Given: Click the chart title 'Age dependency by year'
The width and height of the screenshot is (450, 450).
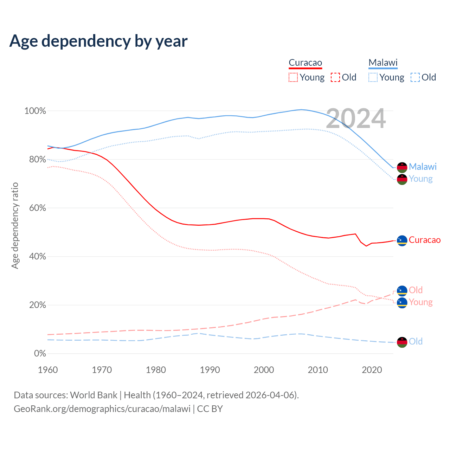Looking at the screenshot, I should point(98,41).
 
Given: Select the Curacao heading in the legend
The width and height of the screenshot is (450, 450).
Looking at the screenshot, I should point(305,63).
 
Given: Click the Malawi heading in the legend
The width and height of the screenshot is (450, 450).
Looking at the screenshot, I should point(383,63).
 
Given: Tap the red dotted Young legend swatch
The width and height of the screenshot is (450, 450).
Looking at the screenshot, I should point(293,77).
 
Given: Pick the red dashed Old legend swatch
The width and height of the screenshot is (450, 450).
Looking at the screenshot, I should point(335,77).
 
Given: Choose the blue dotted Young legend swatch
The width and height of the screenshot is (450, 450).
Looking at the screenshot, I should point(373,77).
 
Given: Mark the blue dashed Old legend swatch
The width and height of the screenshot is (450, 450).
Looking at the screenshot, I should point(415,77).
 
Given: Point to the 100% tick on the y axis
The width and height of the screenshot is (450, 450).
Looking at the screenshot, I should point(35,111).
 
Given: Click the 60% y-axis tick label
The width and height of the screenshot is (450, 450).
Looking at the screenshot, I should point(37,208).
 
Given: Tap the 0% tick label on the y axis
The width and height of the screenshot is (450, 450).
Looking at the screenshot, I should point(40,354).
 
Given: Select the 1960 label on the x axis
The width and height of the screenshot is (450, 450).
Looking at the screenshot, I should point(48,370).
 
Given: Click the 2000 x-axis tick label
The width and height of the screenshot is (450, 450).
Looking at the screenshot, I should point(264,370).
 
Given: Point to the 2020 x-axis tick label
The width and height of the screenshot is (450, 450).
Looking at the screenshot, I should point(372,370).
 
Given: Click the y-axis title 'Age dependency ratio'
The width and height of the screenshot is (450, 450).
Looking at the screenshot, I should point(15,225).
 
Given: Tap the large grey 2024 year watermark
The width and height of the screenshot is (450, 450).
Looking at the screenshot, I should point(356,118).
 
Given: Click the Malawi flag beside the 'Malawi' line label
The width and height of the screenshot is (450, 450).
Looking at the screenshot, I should point(402,167).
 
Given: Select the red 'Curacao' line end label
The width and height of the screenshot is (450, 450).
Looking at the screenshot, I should point(424,240).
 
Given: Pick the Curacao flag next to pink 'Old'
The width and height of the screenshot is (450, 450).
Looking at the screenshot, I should point(402,291).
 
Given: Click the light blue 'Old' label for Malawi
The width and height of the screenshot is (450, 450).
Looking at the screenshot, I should point(416,341).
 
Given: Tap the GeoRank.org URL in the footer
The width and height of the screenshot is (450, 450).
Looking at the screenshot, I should point(102,409).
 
